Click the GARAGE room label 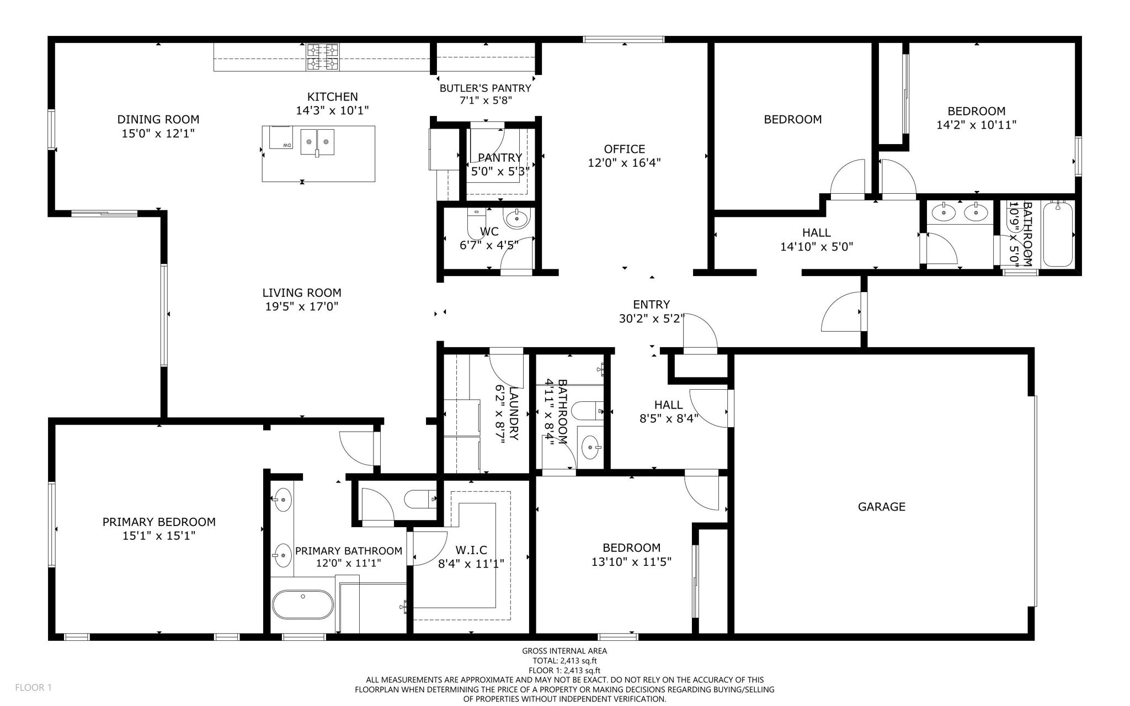tap(881, 506)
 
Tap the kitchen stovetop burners tap(323, 57)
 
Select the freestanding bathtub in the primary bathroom tap(303, 604)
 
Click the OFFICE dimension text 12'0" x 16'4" tap(624, 163)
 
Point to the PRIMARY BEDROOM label tap(159, 522)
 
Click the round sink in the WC tap(518, 219)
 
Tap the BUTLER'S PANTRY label tap(485, 88)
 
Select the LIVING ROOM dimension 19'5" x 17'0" tap(301, 306)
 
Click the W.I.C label tap(471, 550)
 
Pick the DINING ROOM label tap(158, 119)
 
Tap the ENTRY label tap(651, 304)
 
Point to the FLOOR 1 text tap(33, 688)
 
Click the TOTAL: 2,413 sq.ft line tap(564, 660)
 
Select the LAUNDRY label tap(514, 413)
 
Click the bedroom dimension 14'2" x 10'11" tap(976, 125)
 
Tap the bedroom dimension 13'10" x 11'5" tap(631, 562)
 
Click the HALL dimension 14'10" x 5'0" tap(817, 247)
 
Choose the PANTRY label tap(500, 158)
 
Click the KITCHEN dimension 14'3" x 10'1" tap(332, 110)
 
